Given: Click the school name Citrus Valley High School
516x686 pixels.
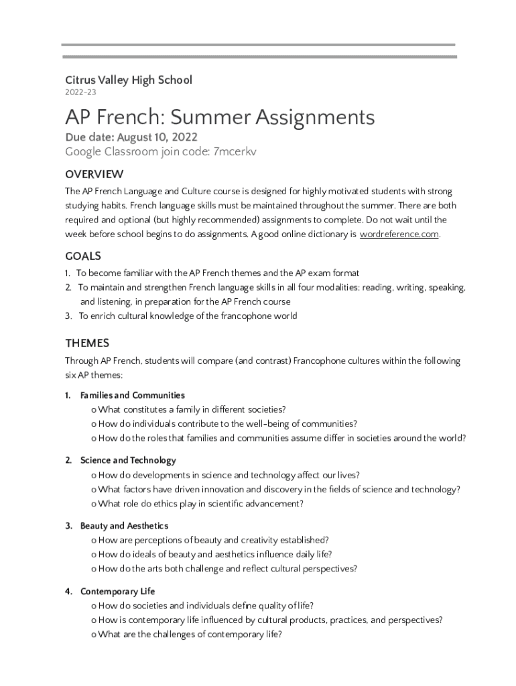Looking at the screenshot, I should pyautogui.click(x=128, y=80).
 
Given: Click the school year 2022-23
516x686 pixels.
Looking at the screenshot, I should pyautogui.click(x=76, y=92).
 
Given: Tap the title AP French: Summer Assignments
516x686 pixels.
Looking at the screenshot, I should pyautogui.click(x=219, y=118).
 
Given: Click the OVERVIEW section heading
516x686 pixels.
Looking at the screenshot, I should pyautogui.click(x=94, y=175).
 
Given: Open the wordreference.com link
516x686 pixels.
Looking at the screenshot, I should pyautogui.click(x=399, y=234).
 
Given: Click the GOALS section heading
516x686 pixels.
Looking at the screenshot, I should pyautogui.click(x=83, y=257).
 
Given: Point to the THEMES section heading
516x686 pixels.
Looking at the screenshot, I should pyautogui.click(x=87, y=344).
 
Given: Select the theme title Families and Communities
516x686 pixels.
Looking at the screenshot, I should pyautogui.click(x=132, y=395).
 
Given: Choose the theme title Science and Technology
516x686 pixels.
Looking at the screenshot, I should pyautogui.click(x=128, y=460).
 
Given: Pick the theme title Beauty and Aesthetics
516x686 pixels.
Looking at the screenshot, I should pyautogui.click(x=124, y=526).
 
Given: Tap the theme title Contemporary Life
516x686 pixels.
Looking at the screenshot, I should pyautogui.click(x=117, y=592).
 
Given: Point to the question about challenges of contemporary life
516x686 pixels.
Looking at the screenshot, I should pyautogui.click(x=190, y=634).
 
